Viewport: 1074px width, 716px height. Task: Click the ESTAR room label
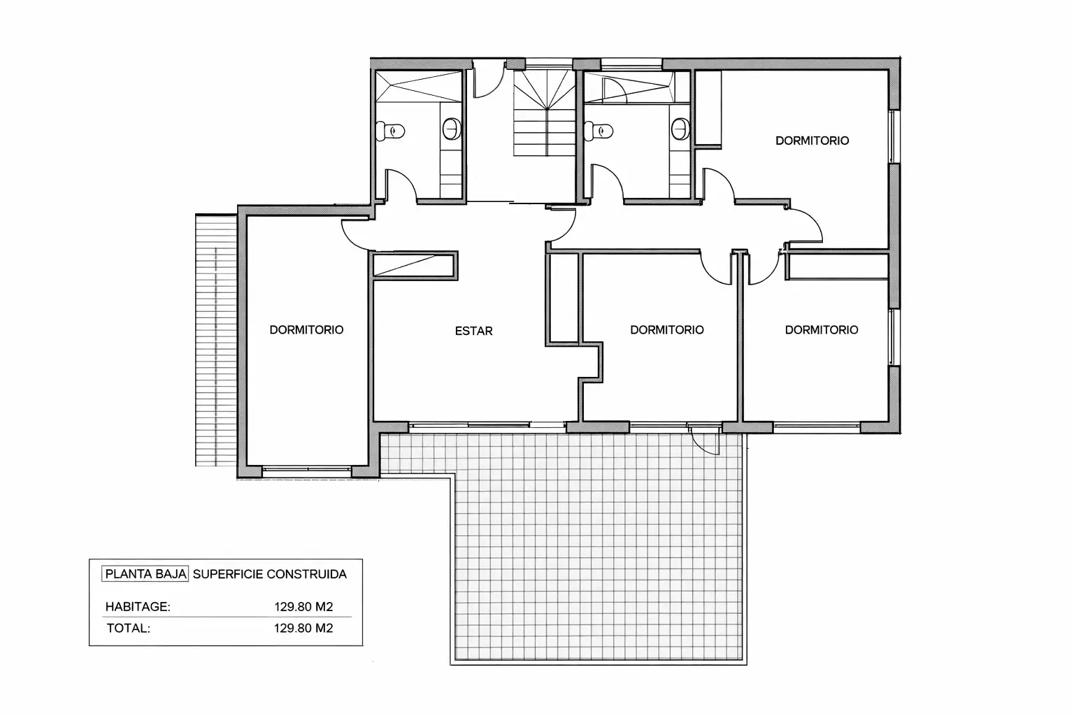click(473, 331)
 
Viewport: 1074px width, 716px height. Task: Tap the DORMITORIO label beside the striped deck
click(306, 330)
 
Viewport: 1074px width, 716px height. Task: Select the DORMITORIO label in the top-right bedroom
click(812, 141)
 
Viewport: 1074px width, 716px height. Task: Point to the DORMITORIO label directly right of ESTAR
click(667, 330)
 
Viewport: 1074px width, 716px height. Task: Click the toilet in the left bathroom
click(390, 131)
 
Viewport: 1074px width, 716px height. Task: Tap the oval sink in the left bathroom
click(451, 129)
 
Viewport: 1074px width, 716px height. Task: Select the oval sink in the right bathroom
click(680, 129)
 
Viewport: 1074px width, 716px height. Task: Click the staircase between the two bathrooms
click(545, 113)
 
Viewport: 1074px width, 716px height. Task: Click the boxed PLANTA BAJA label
click(145, 574)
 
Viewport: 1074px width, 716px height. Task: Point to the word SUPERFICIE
click(228, 574)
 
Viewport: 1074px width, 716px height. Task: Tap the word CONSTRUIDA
click(306, 574)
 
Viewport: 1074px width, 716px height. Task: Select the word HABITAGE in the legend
click(138, 607)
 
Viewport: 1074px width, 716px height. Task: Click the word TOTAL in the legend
click(129, 628)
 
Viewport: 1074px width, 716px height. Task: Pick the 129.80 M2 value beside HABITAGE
click(303, 607)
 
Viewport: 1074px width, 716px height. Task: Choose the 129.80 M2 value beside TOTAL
click(303, 628)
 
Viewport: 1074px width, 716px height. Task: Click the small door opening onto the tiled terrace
click(705, 441)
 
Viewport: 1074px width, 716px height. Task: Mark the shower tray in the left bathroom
click(418, 87)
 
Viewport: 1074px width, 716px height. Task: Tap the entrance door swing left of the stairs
click(489, 80)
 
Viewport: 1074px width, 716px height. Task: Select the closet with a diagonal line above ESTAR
click(413, 265)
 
